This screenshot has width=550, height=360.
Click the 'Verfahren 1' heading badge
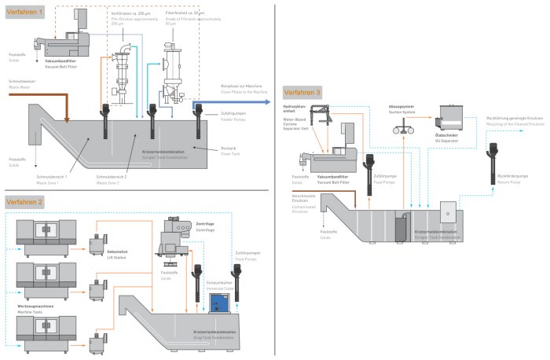(25, 13)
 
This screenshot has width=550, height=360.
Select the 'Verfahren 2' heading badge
(25, 202)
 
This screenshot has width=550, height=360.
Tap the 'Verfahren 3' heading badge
(303, 92)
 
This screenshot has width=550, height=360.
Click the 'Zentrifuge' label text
(206, 224)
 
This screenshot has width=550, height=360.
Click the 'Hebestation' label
(118, 251)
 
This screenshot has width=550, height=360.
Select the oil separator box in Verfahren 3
(451, 122)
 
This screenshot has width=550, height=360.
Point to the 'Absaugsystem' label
(399, 105)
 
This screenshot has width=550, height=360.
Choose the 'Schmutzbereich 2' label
(108, 177)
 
